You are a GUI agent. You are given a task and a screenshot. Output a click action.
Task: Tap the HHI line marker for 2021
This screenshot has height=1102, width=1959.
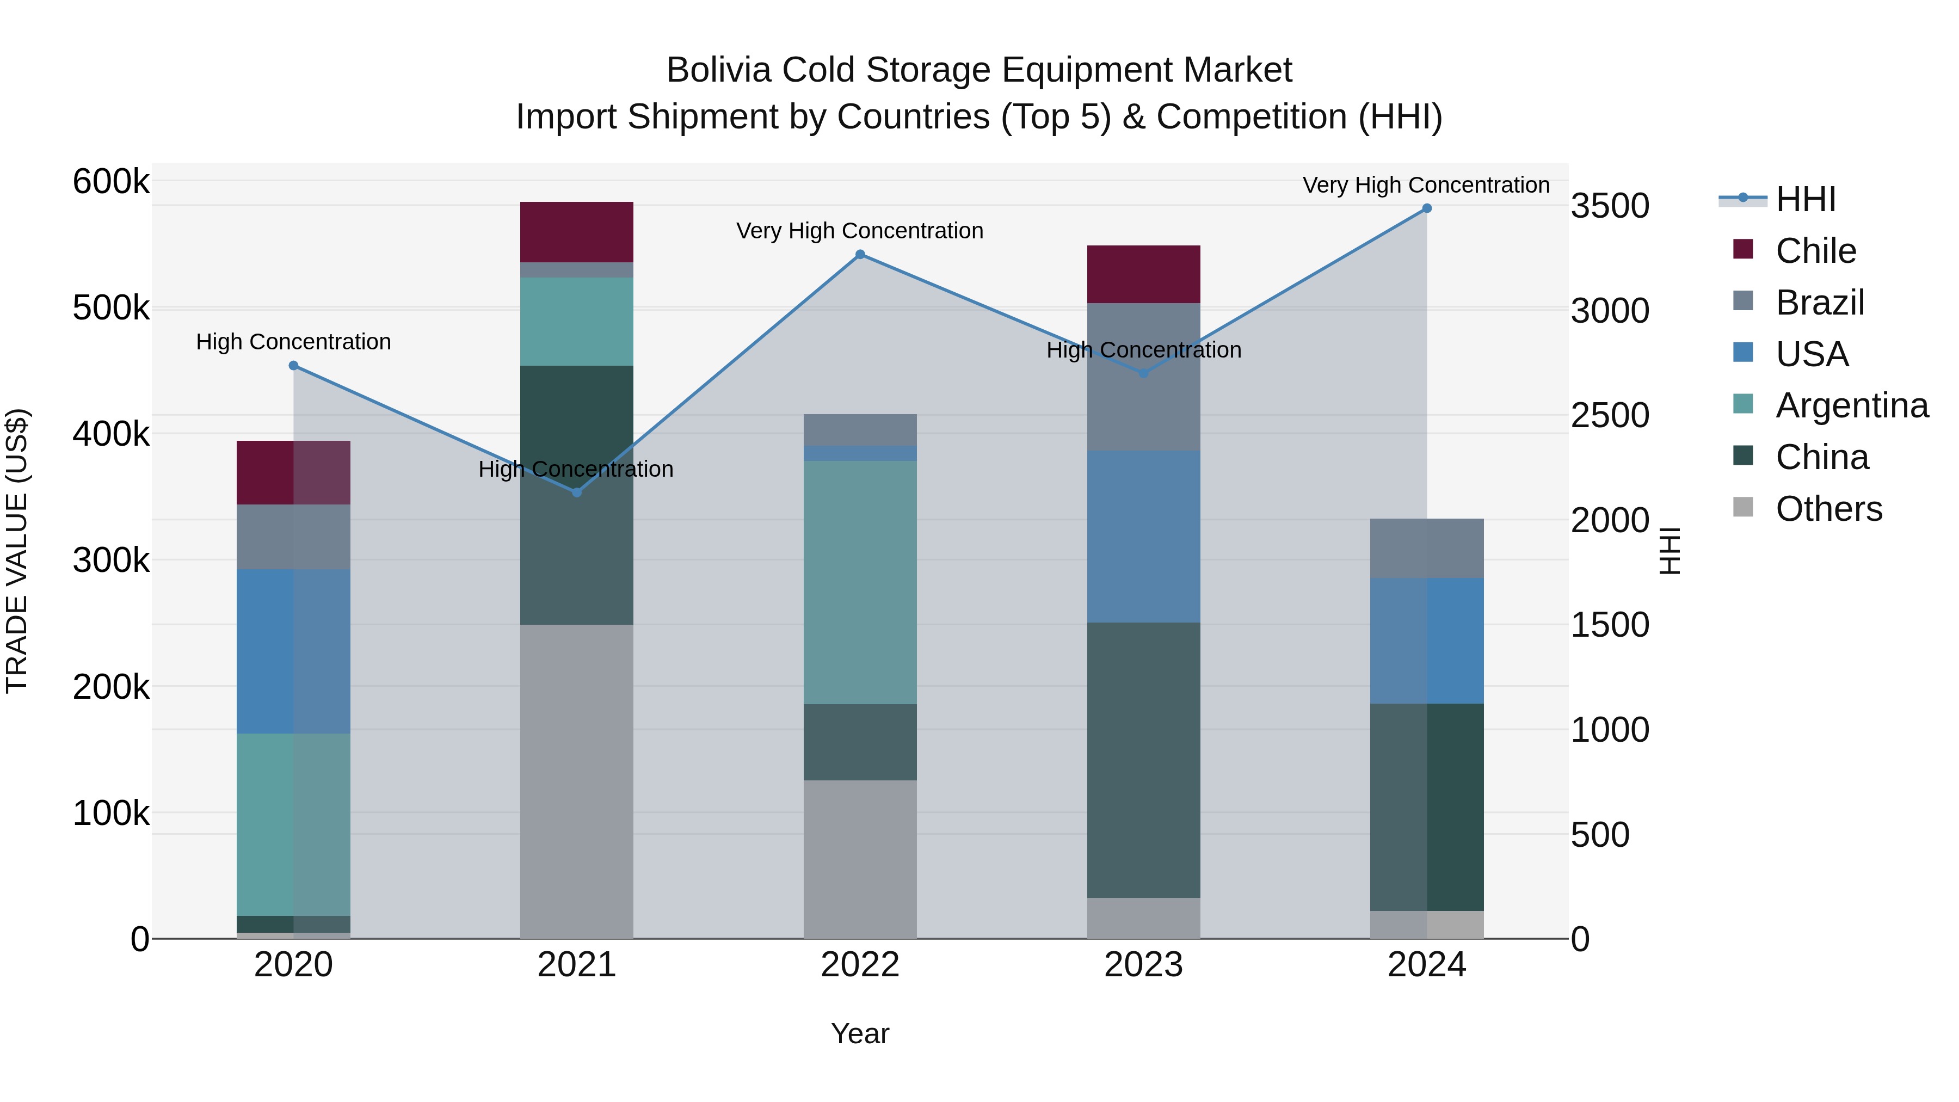[576, 493]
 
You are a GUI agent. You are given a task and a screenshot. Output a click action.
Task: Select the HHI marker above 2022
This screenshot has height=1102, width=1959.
[860, 255]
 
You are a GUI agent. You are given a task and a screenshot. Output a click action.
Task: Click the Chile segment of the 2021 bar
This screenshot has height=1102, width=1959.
[576, 232]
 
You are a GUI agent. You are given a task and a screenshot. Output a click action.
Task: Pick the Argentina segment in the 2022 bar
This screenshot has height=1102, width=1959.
[860, 582]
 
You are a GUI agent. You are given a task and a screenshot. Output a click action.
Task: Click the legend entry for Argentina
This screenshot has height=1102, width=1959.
[1851, 405]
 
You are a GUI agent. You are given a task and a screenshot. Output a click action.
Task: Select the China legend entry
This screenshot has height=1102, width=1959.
[1821, 457]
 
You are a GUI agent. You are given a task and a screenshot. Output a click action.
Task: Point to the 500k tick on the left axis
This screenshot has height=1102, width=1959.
[111, 308]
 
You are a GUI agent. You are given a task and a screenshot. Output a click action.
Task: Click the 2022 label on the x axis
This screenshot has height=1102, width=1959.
[860, 965]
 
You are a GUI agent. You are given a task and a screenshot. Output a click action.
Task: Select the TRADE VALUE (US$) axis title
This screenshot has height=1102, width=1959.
[17, 551]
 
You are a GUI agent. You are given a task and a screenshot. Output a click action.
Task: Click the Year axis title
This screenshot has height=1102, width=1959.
[860, 1033]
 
